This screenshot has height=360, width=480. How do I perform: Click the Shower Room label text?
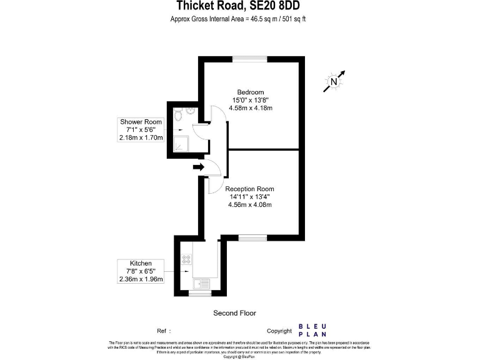[x=141, y=122]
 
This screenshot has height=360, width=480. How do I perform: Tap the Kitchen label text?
[x=141, y=263]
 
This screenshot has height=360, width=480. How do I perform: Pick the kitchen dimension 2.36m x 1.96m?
[x=141, y=279]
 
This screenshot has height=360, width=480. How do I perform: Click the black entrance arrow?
[x=199, y=167]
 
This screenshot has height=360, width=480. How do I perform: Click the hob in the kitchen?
[x=186, y=258]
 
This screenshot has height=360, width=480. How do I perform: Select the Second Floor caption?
[x=235, y=313]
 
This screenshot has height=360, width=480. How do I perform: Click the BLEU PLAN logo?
[x=312, y=330]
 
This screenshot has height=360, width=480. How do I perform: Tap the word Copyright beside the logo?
[x=279, y=331]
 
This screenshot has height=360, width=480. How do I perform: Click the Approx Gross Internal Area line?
[x=238, y=19]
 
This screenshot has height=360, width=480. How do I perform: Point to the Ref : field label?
[x=164, y=331]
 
